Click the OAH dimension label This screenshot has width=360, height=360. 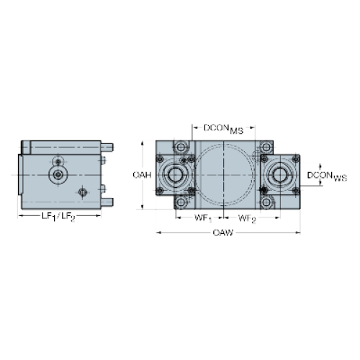143,175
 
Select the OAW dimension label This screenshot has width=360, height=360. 223,233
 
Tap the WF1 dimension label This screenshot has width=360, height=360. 203,218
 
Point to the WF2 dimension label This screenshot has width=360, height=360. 247,218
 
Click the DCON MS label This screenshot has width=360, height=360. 223,129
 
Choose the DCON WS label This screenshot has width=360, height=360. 327,176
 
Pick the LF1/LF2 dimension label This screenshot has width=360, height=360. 58,217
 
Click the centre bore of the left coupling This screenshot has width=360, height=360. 175,175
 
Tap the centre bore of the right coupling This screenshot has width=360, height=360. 279,175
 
